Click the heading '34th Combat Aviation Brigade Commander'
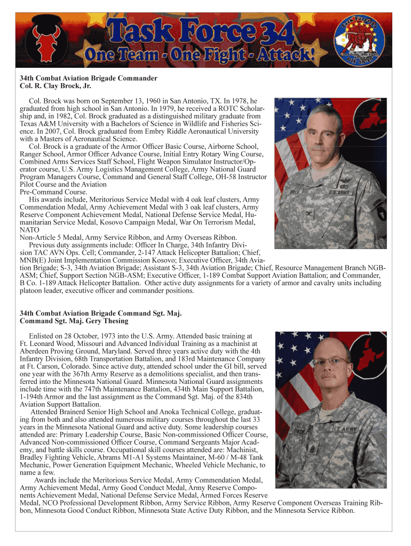click(x=89, y=78)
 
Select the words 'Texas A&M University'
click(x=54, y=123)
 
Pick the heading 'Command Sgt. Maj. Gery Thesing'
click(x=74, y=322)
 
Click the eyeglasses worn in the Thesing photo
click(x=331, y=362)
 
